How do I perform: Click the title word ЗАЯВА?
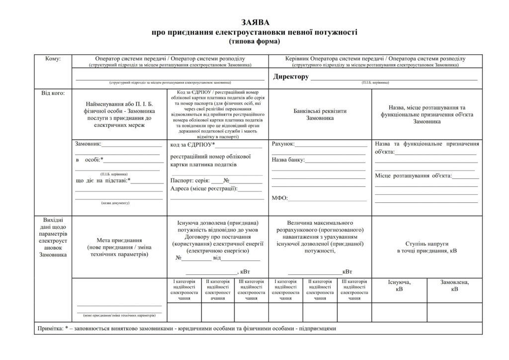254,22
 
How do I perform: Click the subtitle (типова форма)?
254,41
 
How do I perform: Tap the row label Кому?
53,59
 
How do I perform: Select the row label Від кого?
53,92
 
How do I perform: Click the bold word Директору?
291,77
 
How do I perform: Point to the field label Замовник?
88,144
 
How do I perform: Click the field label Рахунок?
283,144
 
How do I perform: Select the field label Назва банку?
288,160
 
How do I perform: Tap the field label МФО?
280,198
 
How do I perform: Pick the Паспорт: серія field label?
190,180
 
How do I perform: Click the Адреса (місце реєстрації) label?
204,189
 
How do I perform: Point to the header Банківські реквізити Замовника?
320,115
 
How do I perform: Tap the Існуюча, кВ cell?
399,285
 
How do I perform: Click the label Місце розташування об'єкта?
413,176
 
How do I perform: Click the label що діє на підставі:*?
102,180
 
